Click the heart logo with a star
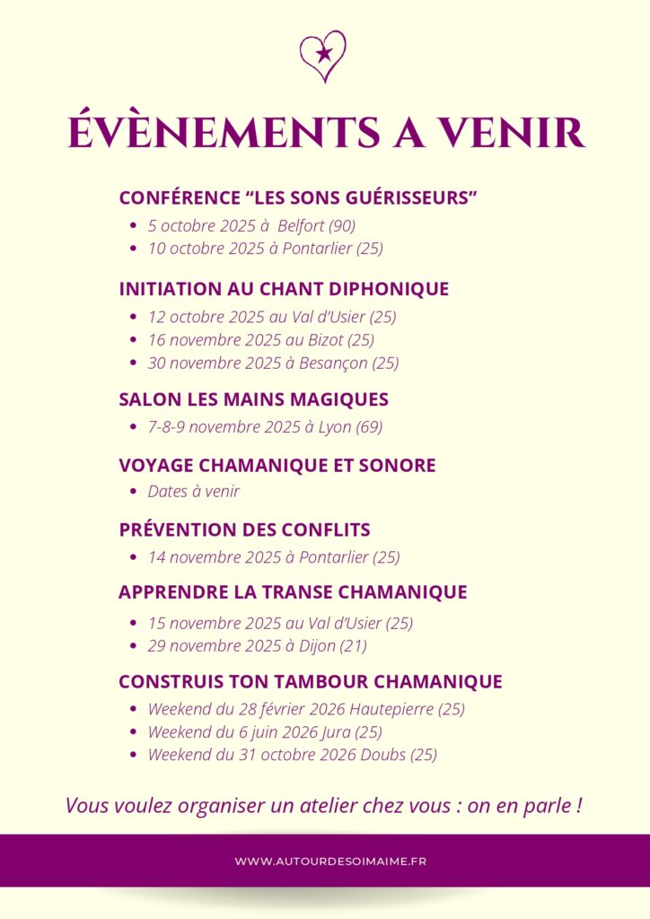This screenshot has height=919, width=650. click(x=323, y=56)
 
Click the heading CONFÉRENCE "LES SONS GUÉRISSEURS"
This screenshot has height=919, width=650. click(x=297, y=197)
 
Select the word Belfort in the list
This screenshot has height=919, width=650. click(x=302, y=225)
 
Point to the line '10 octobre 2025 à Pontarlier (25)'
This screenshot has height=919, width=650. click(x=265, y=249)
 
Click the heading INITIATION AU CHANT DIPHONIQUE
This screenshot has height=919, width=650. click(x=284, y=289)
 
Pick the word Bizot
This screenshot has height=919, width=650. click(x=324, y=340)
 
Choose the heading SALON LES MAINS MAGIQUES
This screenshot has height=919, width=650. click(x=253, y=399)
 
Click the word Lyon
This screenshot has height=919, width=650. click(x=335, y=427)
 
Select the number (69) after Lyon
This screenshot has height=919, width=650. click(x=369, y=427)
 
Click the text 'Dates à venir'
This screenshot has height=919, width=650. click(x=194, y=491)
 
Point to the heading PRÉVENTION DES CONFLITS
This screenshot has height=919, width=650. click(x=244, y=530)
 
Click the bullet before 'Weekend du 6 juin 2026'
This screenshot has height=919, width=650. click(x=133, y=732)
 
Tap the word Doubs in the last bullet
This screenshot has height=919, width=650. click(x=385, y=755)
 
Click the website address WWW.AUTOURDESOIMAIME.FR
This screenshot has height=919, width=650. click(x=330, y=862)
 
